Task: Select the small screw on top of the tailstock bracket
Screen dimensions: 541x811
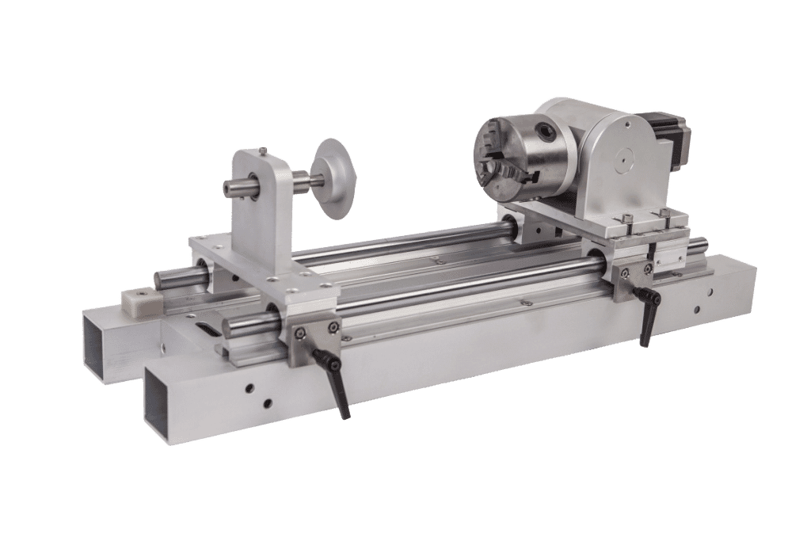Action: coord(261,150)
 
